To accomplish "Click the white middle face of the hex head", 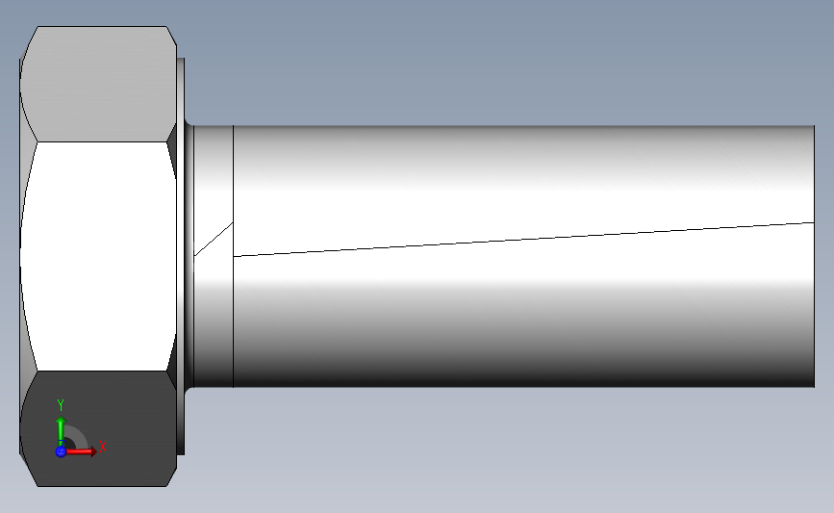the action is (x=98, y=256).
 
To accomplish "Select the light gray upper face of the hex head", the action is (x=98, y=84).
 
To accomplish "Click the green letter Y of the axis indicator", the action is (x=61, y=405).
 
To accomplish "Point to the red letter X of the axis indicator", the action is (x=103, y=447).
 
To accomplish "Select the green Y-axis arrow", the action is (x=62, y=431).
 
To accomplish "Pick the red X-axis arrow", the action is (x=80, y=451).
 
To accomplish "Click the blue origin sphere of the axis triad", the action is (x=61, y=451).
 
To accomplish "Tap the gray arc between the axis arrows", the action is (x=80, y=434).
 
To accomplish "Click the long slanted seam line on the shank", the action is (x=524, y=240).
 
